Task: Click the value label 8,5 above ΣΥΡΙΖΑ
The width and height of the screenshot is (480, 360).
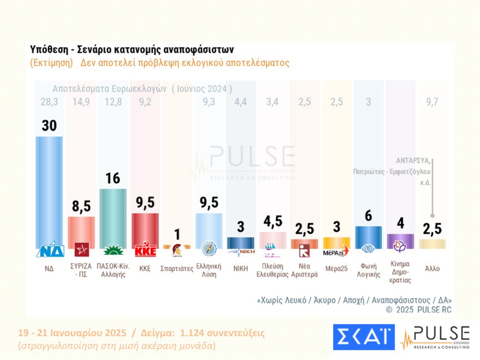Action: tap(81, 207)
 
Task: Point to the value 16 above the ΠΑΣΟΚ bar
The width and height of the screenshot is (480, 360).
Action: tap(113, 179)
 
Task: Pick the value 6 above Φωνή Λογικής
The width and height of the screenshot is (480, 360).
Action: tap(368, 216)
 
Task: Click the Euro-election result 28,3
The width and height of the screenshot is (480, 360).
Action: tap(49, 103)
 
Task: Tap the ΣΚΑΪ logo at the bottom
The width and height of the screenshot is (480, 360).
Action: tap(363, 337)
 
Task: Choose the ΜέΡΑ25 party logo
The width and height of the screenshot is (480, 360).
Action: tap(336, 251)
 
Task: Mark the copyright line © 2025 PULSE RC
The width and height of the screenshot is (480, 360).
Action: tap(418, 310)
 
